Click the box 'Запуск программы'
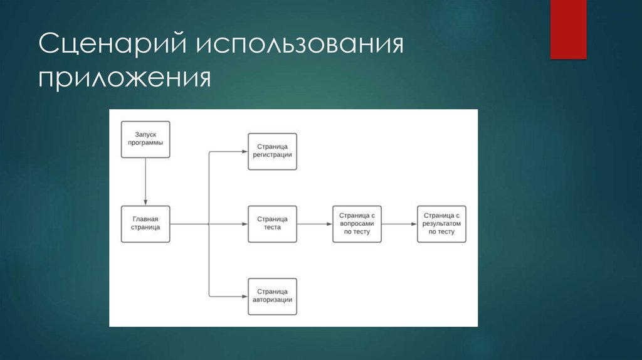pyautogui.click(x=145, y=139)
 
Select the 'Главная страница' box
pyautogui.click(x=145, y=223)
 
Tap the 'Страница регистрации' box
pyautogui.click(x=272, y=151)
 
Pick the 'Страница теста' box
pyautogui.click(x=272, y=223)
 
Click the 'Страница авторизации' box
pyautogui.click(x=272, y=295)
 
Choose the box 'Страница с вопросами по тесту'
pyautogui.click(x=357, y=223)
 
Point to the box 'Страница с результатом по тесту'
pyautogui.click(x=441, y=223)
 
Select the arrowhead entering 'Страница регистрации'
pyautogui.click(x=244, y=151)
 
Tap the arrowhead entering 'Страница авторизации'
pyautogui.click(x=244, y=295)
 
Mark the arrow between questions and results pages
pyautogui.click(x=399, y=223)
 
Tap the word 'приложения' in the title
pyautogui.click(x=124, y=80)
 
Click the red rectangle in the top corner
pyautogui.click(x=568, y=29)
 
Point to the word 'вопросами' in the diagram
pyautogui.click(x=357, y=223)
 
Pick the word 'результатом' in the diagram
pyautogui.click(x=441, y=223)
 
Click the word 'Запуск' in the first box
pyautogui.click(x=145, y=134)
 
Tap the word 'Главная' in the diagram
pyautogui.click(x=145, y=219)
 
